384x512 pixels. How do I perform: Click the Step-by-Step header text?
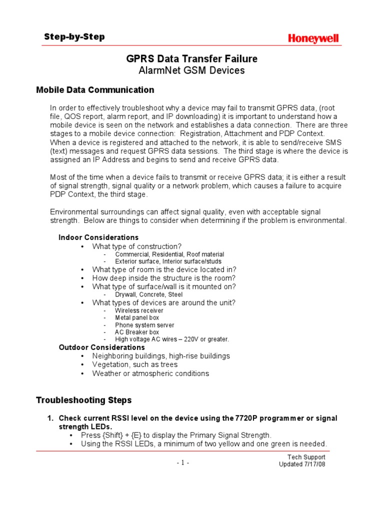click(x=74, y=37)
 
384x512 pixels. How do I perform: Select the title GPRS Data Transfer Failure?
click(x=191, y=59)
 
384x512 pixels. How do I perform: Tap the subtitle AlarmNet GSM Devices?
click(x=191, y=70)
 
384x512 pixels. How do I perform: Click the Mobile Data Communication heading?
click(x=95, y=90)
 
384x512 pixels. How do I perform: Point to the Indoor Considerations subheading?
click(x=98, y=237)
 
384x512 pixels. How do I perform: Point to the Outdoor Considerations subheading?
click(x=101, y=347)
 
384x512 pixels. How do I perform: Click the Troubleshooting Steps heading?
click(x=83, y=400)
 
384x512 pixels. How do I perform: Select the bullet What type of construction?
click(x=136, y=246)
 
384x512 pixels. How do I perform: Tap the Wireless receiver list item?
click(x=139, y=310)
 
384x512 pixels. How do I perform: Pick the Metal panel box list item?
click(x=137, y=317)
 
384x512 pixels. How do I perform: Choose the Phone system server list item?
click(x=144, y=325)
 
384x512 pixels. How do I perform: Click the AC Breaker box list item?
click(x=136, y=332)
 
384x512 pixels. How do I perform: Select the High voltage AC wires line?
click(x=171, y=339)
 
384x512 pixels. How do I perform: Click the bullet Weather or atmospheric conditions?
click(x=150, y=373)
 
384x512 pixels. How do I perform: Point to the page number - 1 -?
click(x=183, y=462)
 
